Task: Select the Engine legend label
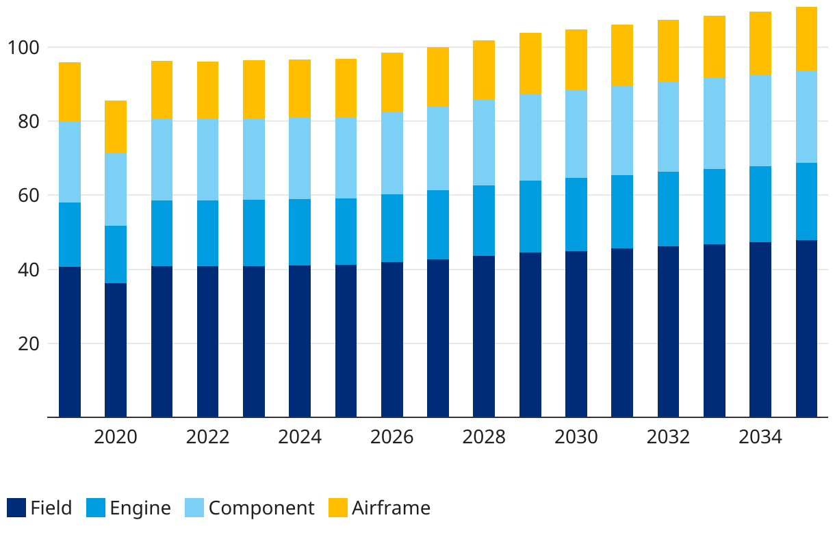[x=140, y=508]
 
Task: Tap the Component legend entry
[x=261, y=508]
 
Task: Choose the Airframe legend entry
[x=391, y=508]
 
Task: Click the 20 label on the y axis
[x=28, y=343]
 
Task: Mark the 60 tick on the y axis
[x=28, y=196]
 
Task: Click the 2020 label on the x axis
[x=116, y=437]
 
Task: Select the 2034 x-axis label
[x=760, y=437]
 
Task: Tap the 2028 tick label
[x=484, y=437]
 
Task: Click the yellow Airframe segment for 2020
[x=116, y=127]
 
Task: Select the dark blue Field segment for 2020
[x=116, y=350]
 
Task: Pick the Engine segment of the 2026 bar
[x=392, y=228]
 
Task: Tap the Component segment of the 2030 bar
[x=576, y=134]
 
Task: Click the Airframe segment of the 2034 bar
[x=760, y=43]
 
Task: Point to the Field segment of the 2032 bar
[x=669, y=331]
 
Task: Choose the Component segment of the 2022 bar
[x=208, y=159]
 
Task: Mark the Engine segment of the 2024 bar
[x=300, y=232]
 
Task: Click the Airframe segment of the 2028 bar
[x=484, y=70]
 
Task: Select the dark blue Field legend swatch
[x=16, y=508]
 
